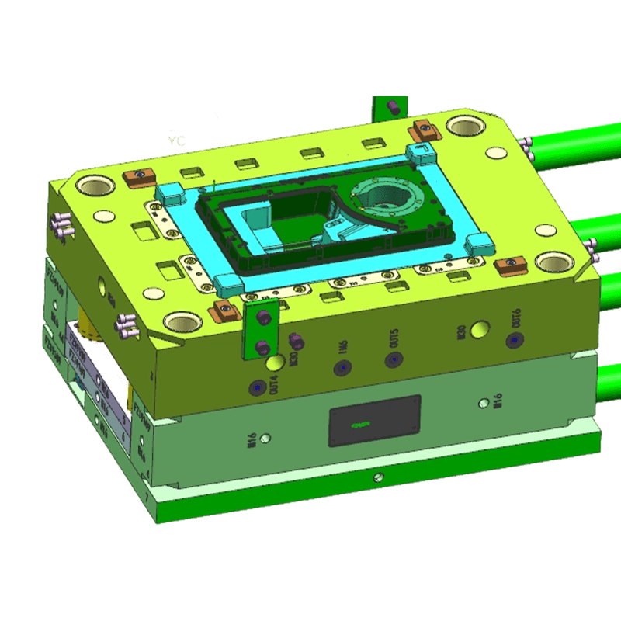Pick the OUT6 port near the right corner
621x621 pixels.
coord(512,340)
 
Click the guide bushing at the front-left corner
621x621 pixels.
coord(180,320)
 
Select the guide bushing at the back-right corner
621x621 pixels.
coord(463,125)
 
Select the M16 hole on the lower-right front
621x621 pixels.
coord(485,402)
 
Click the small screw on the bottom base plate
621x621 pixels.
coord(377,477)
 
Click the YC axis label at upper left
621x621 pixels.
coord(178,141)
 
